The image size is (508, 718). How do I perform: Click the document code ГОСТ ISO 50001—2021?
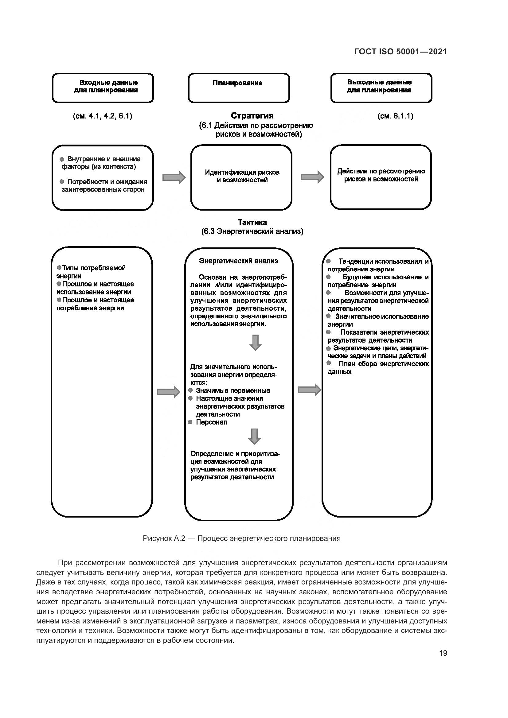point(401,52)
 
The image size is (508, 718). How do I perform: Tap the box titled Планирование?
point(239,88)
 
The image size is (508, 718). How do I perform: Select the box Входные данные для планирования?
point(103,88)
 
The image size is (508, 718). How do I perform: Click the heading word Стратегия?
point(252,116)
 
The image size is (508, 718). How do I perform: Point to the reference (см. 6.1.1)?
point(395,116)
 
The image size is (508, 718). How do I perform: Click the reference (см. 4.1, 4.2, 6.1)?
point(103,116)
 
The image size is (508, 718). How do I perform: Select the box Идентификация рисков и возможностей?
point(241,177)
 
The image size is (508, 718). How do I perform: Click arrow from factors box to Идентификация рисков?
point(174,178)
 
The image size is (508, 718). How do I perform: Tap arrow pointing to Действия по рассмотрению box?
point(312,177)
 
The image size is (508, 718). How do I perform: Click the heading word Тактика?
point(252,222)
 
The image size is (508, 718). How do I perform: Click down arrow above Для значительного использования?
point(255,343)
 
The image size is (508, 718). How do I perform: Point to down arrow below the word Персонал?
point(254,436)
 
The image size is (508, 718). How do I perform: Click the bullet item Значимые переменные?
point(233,390)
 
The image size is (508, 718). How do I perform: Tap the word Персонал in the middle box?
point(211,422)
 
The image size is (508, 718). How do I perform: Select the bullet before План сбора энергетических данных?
point(328,363)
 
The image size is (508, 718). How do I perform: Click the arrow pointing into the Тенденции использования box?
point(309,390)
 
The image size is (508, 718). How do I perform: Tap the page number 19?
point(443,653)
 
